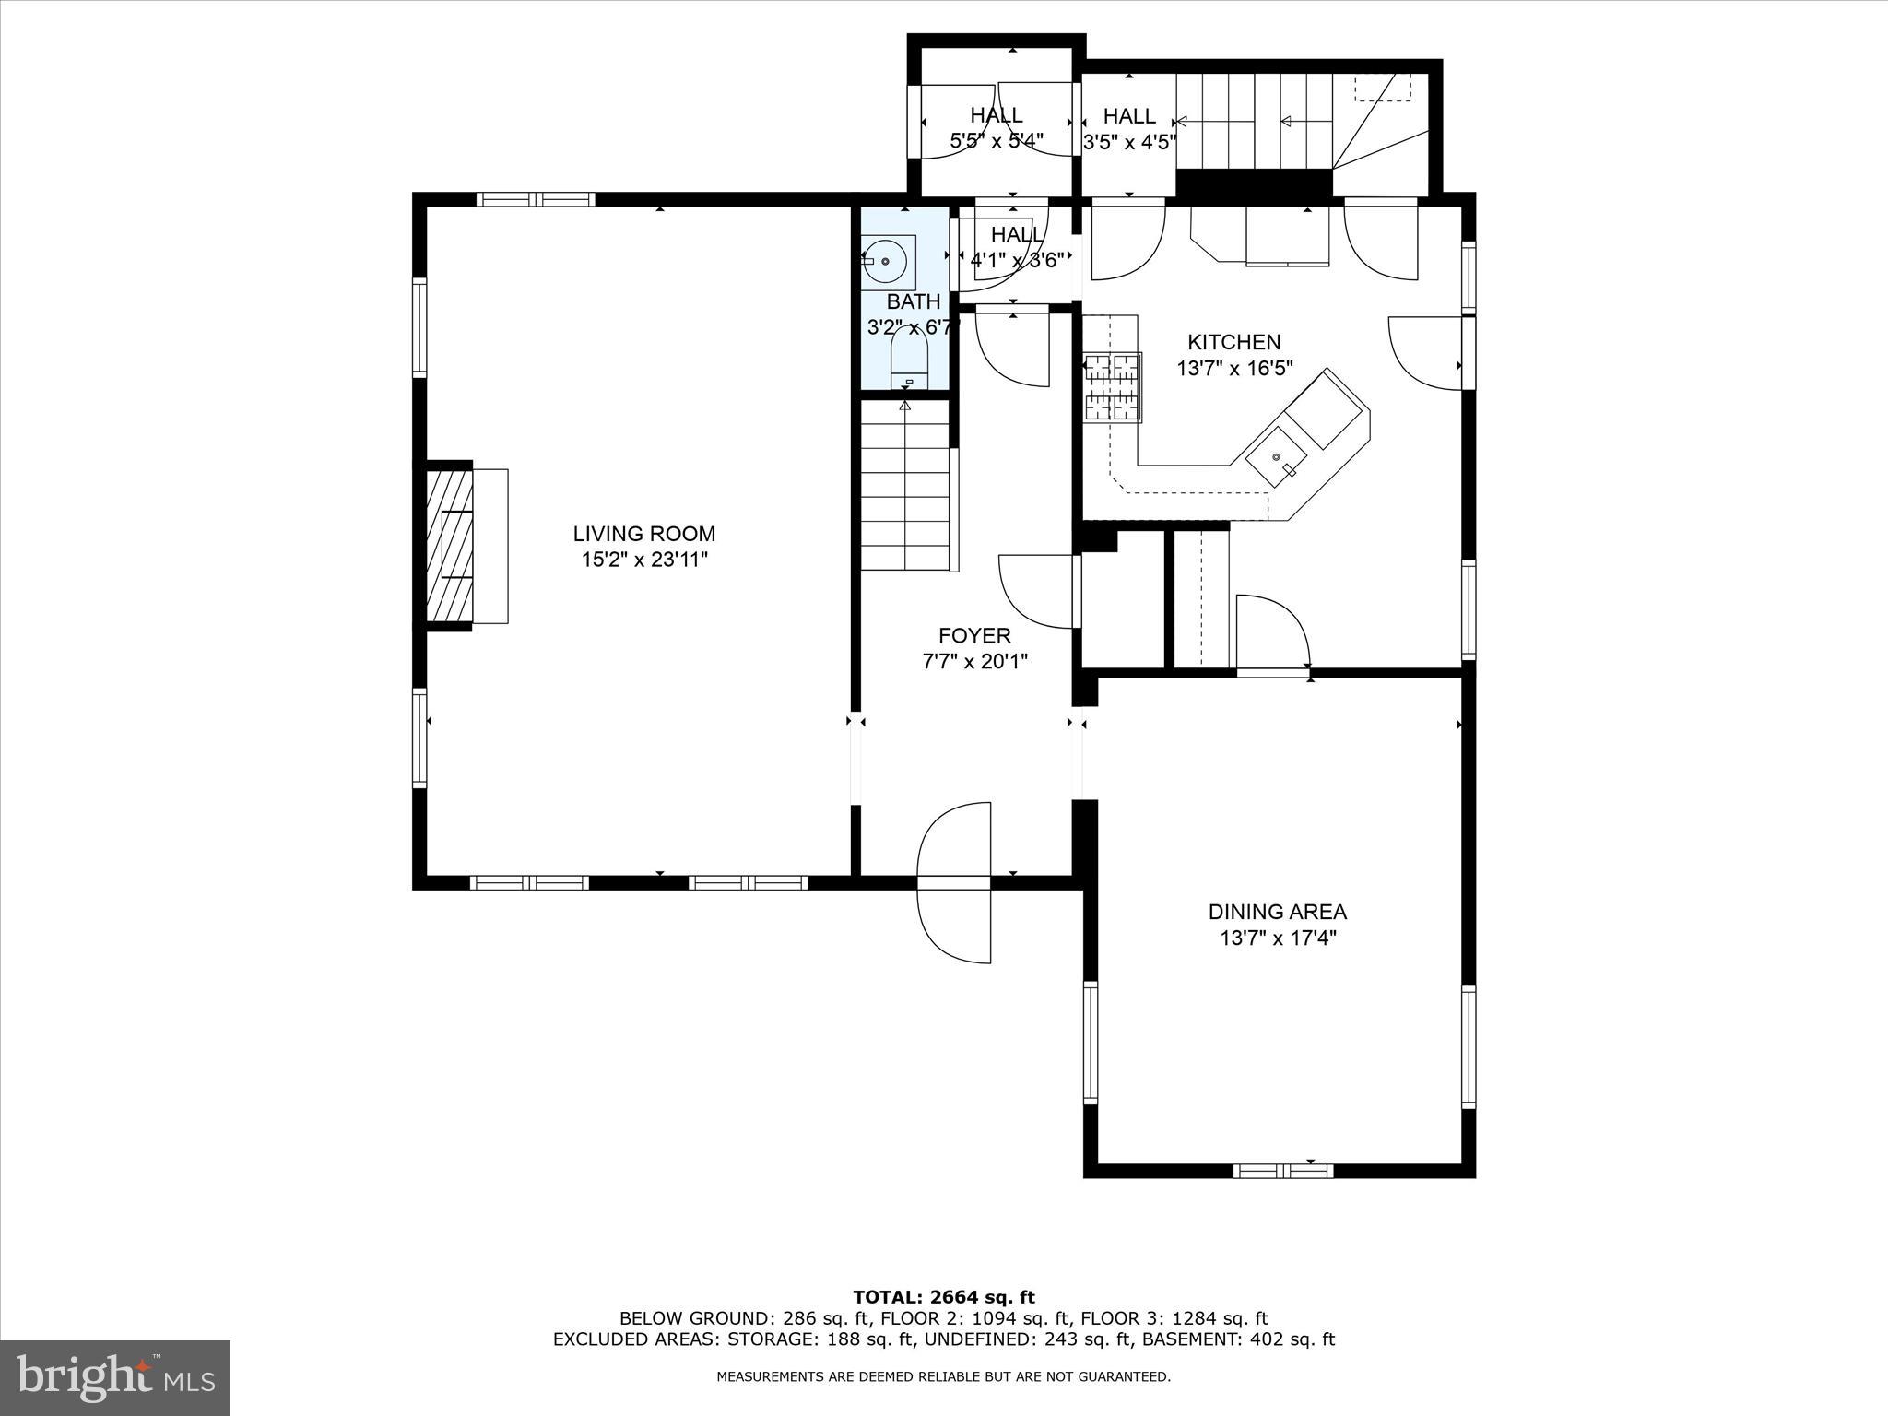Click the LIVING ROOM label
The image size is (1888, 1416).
tap(643, 534)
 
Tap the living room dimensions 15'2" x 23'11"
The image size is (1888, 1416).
tap(643, 560)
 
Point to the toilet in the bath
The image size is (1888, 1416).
tap(908, 361)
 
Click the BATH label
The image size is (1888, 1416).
tap(913, 302)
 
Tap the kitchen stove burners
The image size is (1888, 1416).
tap(1113, 388)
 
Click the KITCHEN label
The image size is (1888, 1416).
tap(1233, 343)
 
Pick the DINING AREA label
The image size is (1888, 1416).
tap(1277, 912)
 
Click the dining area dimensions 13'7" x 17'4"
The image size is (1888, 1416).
tap(1277, 938)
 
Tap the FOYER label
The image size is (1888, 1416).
tap(974, 636)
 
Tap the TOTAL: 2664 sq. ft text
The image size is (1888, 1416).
tap(943, 1298)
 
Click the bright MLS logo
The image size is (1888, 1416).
tap(115, 1377)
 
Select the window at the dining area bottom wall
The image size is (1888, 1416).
tap(1283, 1171)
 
